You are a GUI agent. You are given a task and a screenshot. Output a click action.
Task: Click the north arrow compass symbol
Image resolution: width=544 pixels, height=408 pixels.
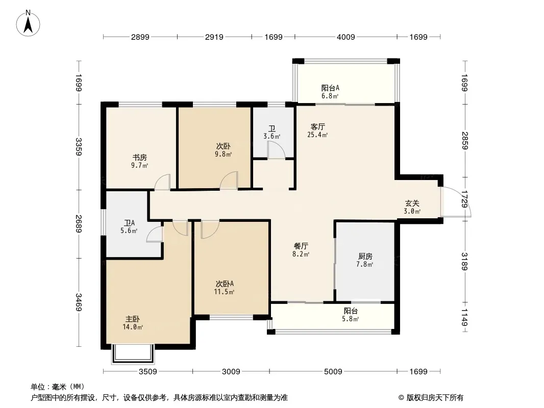28,23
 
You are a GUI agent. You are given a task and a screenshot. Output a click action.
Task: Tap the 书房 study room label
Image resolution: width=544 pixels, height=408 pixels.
139,158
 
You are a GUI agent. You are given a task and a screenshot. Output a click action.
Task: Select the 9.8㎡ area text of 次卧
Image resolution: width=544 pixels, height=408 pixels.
223,154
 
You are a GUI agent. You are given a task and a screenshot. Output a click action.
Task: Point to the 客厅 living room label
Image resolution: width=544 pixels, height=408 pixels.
317,126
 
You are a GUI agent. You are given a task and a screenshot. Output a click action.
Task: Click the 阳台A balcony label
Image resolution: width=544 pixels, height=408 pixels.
330,88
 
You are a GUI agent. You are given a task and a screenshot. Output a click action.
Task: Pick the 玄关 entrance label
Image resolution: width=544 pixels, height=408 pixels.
412,203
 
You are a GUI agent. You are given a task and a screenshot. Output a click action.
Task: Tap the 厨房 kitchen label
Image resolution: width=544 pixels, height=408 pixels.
365,256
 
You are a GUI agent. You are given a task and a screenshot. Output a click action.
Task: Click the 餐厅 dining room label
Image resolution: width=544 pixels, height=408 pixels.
301,246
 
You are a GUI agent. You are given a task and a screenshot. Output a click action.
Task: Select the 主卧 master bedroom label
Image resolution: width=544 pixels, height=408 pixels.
133,319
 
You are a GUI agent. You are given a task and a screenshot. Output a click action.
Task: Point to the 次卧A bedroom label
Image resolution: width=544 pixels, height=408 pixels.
225,284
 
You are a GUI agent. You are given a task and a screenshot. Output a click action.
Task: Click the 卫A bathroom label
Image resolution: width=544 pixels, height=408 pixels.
129,223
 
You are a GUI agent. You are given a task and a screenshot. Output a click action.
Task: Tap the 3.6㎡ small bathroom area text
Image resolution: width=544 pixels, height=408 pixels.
271,136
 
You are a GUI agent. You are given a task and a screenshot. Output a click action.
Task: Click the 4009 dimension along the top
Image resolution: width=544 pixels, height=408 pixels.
346,37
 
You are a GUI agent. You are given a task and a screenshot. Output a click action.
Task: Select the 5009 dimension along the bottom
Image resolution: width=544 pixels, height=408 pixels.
333,372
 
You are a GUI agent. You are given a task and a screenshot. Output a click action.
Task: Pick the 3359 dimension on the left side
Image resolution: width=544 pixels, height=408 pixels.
79,147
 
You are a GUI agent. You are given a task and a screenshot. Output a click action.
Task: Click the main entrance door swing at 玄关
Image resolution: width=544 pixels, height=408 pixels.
456,202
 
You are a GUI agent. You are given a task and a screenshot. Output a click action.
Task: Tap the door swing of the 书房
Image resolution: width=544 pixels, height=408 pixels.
162,182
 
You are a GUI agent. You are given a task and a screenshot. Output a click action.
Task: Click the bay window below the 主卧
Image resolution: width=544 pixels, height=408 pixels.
133,354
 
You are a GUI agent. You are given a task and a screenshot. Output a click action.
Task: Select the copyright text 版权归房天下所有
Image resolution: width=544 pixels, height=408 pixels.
435,398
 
